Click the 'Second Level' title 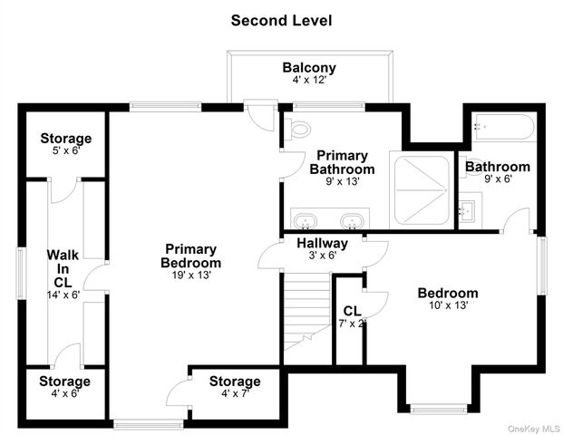pos(281,21)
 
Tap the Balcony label pos(309,67)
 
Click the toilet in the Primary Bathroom pos(297,130)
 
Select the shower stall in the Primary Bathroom pos(422,190)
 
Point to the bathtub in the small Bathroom pos(504,127)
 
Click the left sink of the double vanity pos(306,221)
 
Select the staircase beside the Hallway pos(307,312)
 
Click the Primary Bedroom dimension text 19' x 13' pos(191,275)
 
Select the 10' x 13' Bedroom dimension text pos(449,305)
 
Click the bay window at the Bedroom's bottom pos(439,409)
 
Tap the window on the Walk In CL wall pos(22,273)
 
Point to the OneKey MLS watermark pos(534,429)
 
